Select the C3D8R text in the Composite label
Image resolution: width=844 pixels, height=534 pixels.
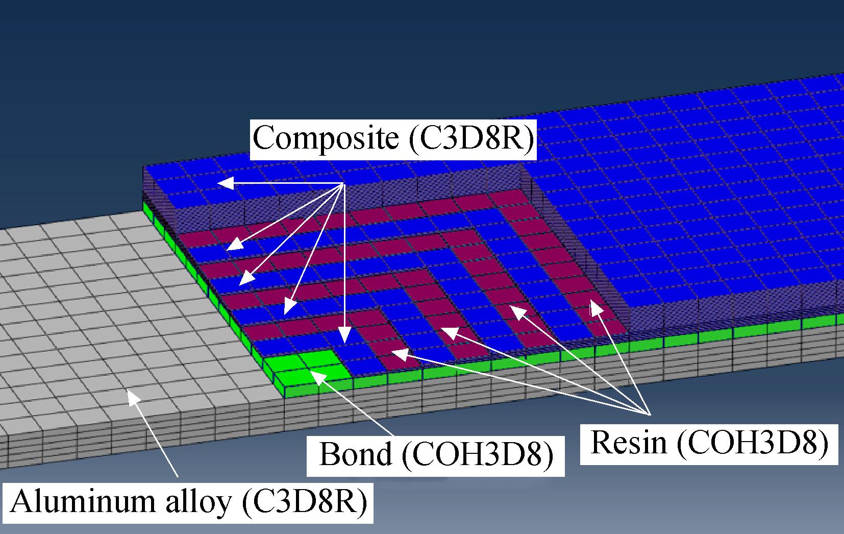click(472, 138)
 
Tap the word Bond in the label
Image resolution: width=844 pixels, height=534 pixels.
click(355, 454)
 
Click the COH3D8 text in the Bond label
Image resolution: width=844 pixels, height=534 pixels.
click(478, 455)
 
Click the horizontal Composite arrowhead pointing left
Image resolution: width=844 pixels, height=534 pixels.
click(226, 183)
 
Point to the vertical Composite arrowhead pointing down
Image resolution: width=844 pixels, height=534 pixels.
click(344, 335)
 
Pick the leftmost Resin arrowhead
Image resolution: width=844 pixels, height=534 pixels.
click(400, 354)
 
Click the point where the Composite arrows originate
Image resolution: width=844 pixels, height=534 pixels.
click(344, 183)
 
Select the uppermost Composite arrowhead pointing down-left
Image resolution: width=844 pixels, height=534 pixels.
click(235, 244)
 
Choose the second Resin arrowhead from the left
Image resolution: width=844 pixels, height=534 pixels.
click(449, 333)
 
